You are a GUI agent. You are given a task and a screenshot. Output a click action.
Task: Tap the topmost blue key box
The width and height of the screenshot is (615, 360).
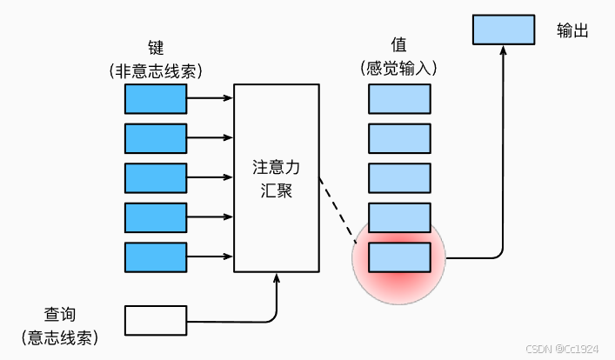[x=157, y=98]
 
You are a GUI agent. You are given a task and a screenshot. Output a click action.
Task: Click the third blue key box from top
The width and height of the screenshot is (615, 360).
[x=157, y=178]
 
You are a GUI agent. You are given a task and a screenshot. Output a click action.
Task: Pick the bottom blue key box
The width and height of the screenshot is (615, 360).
[x=157, y=257]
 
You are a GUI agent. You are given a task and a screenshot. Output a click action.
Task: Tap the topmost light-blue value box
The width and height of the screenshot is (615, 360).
[x=399, y=98]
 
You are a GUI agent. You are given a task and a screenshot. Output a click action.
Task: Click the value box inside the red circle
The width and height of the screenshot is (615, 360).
[x=399, y=257]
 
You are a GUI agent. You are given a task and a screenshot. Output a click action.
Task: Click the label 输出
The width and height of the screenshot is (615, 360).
[x=573, y=30]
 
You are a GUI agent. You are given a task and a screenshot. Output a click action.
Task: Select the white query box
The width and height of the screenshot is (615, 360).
[x=157, y=320]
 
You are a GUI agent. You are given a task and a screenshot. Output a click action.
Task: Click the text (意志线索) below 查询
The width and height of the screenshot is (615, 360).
[x=60, y=337]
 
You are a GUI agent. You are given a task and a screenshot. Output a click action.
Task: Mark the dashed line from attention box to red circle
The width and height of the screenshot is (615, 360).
[x=338, y=208]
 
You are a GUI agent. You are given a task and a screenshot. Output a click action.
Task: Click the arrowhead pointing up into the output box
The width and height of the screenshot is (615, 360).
[x=502, y=50]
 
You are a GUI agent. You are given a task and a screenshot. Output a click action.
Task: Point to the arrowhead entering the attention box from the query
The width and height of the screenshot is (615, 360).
[x=277, y=278]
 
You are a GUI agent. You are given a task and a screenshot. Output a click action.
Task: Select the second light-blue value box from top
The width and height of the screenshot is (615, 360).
[x=399, y=138]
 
